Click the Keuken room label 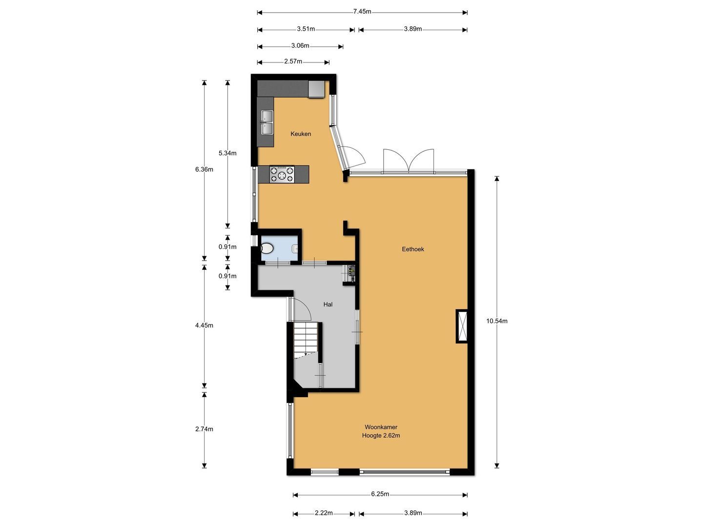pos(301,134)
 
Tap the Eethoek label pos(413,249)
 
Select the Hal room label pos(328,304)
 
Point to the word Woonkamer pos(381,427)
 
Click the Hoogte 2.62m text pos(381,435)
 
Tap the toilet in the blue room pos(267,248)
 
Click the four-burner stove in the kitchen pos(282,174)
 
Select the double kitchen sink pos(267,122)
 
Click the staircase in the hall pos(306,340)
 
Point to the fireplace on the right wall pos(461,326)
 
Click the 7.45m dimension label pos(362,12)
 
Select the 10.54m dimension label pos(497,321)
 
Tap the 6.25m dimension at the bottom pos(380,494)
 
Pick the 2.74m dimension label pos(204,429)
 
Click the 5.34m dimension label pos(227,153)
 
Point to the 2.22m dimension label pos(324,513)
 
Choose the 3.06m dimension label pos(300,46)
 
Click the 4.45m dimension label pos(204,325)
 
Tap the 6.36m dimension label pos(204,170)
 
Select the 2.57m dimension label pos(293,61)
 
